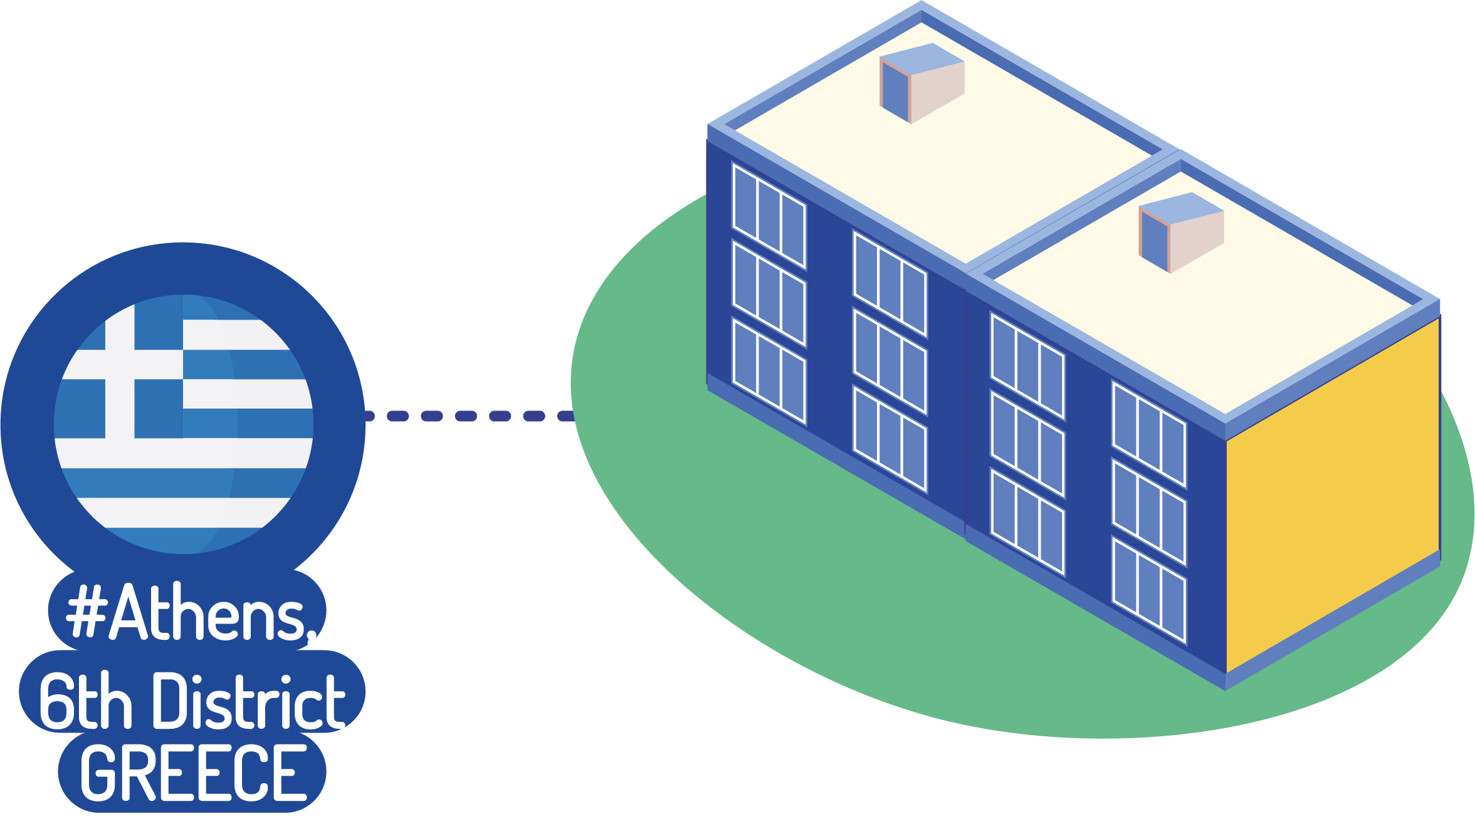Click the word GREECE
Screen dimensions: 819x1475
tap(193, 773)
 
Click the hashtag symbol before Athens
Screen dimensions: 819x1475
tap(87, 610)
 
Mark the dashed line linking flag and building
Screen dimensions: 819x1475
tap(468, 416)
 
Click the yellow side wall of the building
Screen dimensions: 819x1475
tap(1332, 495)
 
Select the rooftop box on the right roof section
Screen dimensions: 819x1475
tap(1181, 231)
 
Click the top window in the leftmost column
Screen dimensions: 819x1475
tap(769, 215)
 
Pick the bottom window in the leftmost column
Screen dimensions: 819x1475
tap(769, 371)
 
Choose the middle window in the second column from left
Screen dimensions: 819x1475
tap(890, 362)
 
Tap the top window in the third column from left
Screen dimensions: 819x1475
tap(1027, 366)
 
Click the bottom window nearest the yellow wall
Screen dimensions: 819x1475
tap(1149, 590)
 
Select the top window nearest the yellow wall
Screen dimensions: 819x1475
tap(1149, 434)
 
